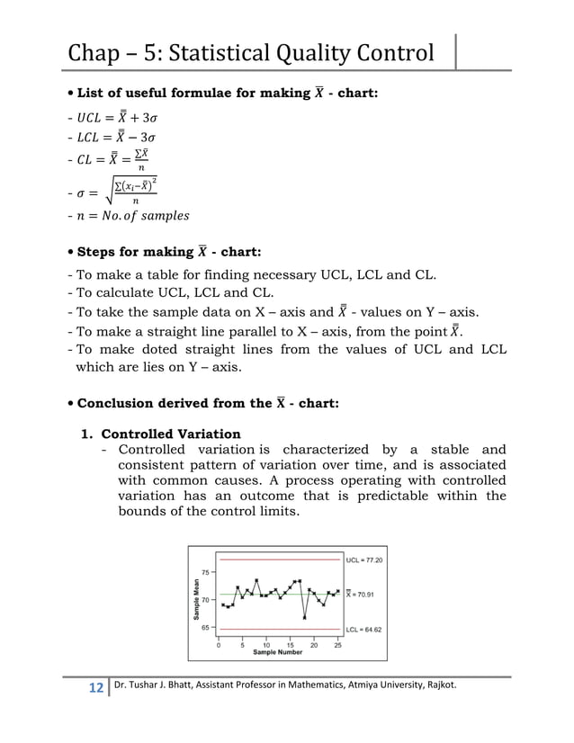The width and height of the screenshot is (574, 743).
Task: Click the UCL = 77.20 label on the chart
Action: (x=364, y=559)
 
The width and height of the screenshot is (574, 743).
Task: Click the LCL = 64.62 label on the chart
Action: (x=364, y=630)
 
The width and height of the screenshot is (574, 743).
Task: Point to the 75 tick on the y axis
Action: (x=206, y=572)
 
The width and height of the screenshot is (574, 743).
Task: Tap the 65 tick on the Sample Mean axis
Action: (x=206, y=628)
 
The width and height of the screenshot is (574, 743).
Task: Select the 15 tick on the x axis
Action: (x=290, y=645)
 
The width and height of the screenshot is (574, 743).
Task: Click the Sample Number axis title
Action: (x=277, y=652)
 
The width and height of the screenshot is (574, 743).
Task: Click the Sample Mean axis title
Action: (x=195, y=599)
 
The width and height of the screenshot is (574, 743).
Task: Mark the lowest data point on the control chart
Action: (x=305, y=618)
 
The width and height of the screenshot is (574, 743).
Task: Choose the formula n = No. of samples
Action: (x=135, y=216)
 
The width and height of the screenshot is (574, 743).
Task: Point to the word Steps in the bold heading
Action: (x=101, y=252)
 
